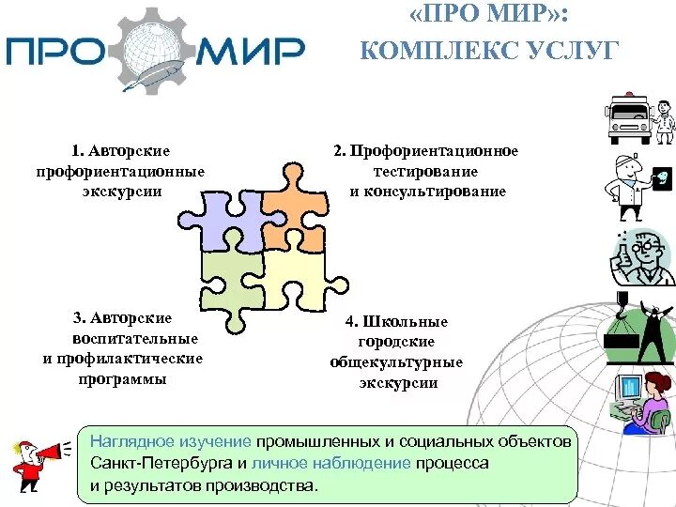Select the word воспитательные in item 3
(x=135, y=338)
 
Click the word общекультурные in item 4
(x=397, y=362)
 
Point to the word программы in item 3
(x=123, y=379)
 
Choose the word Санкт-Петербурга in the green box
(x=162, y=463)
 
